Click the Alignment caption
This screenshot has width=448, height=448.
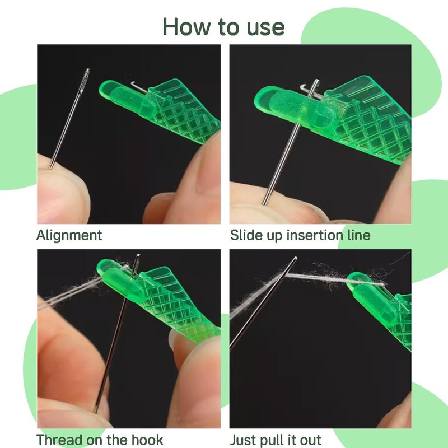69,235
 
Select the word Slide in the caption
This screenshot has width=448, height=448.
246,235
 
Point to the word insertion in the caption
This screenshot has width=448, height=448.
317,235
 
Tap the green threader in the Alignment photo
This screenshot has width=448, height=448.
168,112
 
